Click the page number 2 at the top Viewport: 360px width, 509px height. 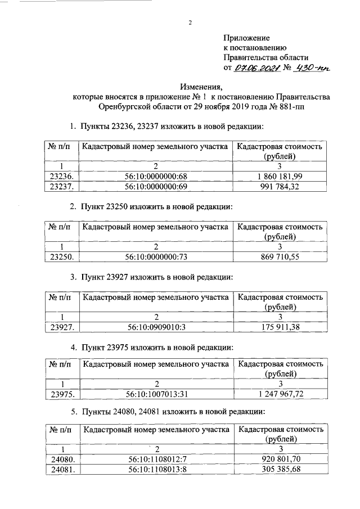tap(190, 23)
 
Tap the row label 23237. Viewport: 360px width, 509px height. tap(60, 186)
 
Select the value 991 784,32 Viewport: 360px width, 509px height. tap(280, 186)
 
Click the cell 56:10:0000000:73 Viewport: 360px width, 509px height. tap(155, 258)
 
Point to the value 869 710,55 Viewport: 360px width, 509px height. tap(280, 258)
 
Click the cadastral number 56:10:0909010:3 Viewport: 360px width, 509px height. tap(155, 326)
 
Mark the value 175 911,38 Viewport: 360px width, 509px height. tap(280, 326)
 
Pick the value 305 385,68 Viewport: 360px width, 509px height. tap(280, 470)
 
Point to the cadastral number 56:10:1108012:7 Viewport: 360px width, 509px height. tap(155, 460)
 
